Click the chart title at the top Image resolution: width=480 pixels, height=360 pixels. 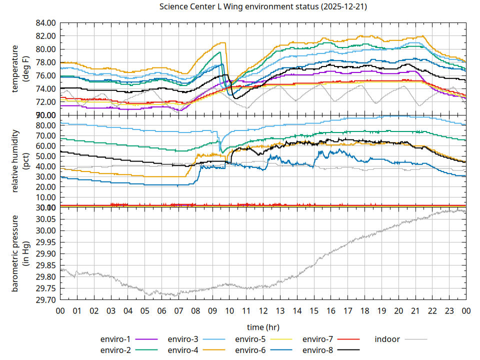tap(263, 7)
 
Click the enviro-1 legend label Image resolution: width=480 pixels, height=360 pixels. tap(115, 339)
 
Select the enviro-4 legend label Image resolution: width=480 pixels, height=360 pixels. tap(182, 350)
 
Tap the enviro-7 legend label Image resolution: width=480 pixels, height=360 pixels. tap(317, 339)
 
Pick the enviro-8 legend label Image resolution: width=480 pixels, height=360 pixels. tap(317, 350)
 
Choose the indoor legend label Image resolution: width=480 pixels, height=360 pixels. tap(387, 339)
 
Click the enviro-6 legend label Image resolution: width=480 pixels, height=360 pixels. tap(250, 350)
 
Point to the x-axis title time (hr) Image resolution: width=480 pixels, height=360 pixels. tap(263, 327)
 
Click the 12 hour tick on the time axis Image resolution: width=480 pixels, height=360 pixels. tap(263, 310)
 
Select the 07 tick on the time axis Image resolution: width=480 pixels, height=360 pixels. tap(178, 310)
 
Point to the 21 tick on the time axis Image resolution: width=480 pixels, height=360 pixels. tap(415, 310)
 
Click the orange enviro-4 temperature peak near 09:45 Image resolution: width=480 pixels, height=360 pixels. tap(225, 43)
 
